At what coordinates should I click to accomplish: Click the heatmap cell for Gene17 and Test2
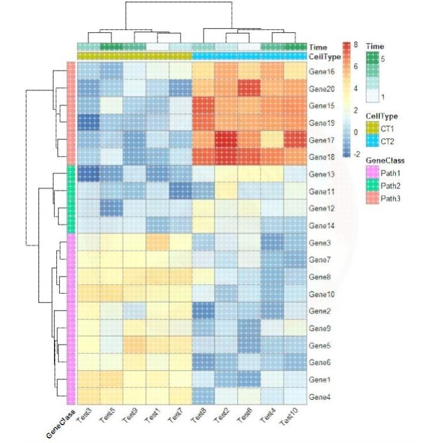tap(226, 140)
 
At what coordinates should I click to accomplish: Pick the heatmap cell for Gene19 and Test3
tap(88, 123)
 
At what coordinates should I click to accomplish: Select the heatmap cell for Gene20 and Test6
tap(249, 89)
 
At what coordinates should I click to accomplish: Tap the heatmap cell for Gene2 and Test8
tap(203, 311)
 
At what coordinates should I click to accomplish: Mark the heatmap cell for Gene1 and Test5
tap(111, 379)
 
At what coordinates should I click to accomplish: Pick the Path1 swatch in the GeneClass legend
tap(374, 171)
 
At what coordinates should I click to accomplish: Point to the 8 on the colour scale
tap(356, 45)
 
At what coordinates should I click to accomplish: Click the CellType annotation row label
tap(325, 57)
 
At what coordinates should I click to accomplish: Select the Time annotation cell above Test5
tap(111, 46)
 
